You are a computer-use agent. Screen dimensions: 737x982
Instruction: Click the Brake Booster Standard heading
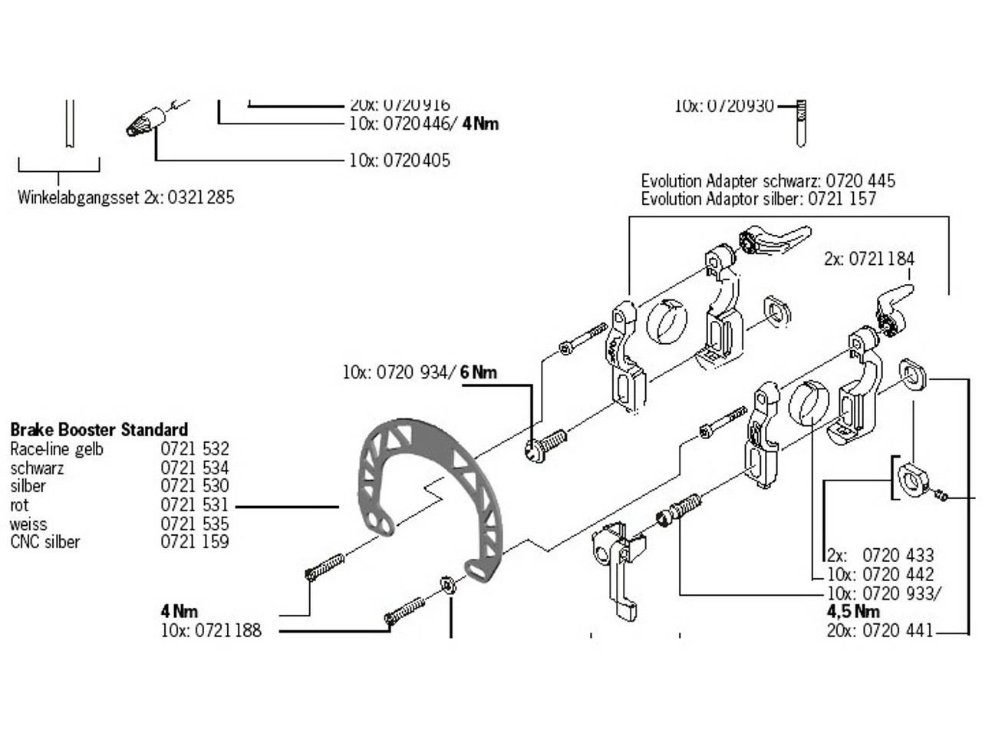(x=99, y=430)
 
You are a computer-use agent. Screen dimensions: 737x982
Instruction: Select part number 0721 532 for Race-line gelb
(x=195, y=449)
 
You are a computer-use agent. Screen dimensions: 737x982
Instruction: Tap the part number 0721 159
(x=195, y=542)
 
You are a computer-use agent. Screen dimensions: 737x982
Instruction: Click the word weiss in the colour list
(x=28, y=524)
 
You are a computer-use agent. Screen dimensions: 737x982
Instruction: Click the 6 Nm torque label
(x=479, y=373)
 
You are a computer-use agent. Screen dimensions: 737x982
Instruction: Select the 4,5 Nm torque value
(x=853, y=612)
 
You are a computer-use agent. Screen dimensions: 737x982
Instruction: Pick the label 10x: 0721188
(x=211, y=631)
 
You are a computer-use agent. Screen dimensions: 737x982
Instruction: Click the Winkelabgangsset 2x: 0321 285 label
(x=126, y=197)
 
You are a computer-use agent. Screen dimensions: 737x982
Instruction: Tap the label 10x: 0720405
(x=400, y=160)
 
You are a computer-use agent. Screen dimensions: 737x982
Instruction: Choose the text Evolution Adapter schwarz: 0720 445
(x=768, y=182)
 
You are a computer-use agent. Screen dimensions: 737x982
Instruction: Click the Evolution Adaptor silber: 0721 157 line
(x=758, y=199)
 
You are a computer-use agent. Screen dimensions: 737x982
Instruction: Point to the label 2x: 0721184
(x=869, y=259)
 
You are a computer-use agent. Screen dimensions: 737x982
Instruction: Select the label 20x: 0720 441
(x=880, y=631)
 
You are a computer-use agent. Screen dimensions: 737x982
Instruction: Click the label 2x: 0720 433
(x=881, y=555)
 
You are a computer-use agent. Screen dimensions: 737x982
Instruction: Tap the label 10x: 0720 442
(x=881, y=574)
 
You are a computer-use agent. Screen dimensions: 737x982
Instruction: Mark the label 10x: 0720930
(x=724, y=107)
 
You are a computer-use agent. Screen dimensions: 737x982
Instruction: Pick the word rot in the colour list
(x=19, y=506)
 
